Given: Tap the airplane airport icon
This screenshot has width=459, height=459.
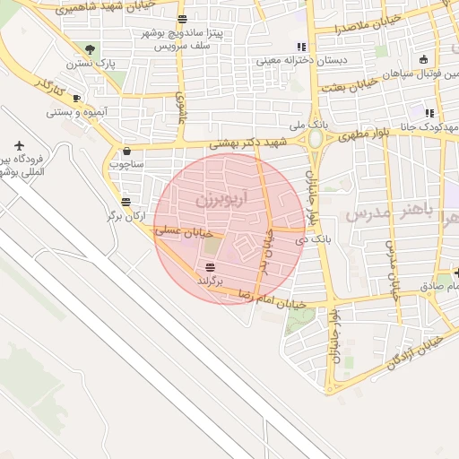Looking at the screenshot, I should coord(20,145).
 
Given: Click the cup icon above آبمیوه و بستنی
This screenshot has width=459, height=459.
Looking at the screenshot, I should coord(76,98).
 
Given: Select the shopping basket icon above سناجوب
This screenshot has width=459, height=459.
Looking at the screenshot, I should coord(126,151).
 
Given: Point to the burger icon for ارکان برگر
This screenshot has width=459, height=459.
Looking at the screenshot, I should coord(125,202).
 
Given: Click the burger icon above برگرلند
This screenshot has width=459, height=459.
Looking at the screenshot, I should coord(210,267).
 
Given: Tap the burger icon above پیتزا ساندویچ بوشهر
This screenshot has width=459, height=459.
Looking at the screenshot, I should coord(183,19).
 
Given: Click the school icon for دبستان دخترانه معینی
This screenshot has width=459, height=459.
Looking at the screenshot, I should coord(301,47).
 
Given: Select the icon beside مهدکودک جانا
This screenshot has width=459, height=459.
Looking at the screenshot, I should coord(429,114).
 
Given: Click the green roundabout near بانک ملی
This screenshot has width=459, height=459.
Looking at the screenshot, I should coord(316,139).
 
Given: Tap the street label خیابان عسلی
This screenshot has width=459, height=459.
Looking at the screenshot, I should coord(182,231).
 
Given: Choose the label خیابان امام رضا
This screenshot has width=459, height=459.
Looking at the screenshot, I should coord(271,299).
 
